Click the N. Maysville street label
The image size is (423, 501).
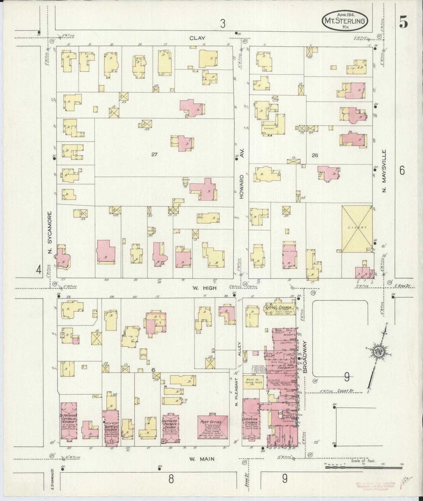(384, 171)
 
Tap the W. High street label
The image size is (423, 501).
(204, 288)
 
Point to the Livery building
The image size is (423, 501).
(357, 229)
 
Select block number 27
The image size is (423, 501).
(154, 155)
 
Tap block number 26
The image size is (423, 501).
(315, 156)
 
